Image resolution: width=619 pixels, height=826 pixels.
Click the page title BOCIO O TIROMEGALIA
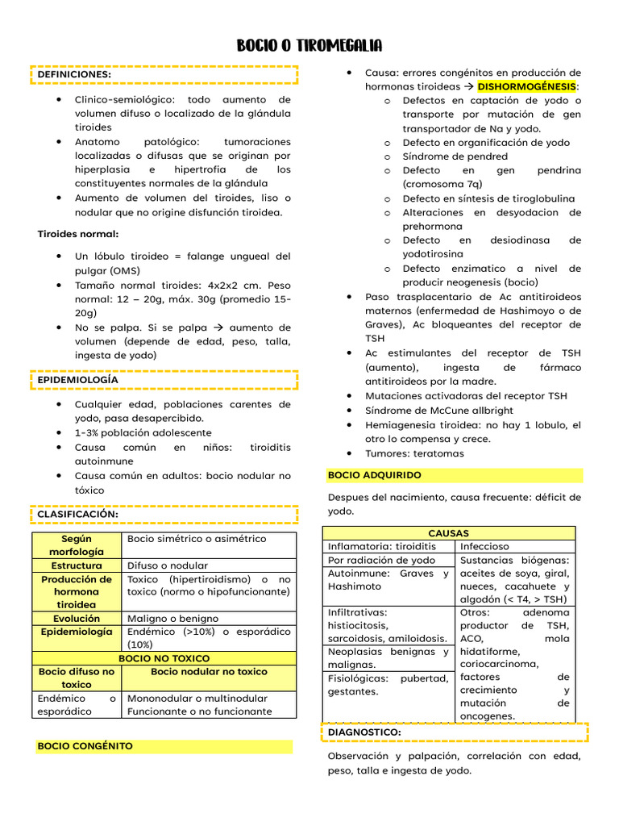point(309,45)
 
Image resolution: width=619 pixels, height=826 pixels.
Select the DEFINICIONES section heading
point(74,74)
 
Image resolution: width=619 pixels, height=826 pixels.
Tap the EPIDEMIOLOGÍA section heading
point(77,379)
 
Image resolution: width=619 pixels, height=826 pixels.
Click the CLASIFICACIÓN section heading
point(78,514)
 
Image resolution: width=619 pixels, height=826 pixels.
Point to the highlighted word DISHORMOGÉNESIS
point(527,86)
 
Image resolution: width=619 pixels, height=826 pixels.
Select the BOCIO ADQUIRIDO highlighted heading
point(375,475)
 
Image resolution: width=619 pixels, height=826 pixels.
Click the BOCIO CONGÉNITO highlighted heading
point(85,746)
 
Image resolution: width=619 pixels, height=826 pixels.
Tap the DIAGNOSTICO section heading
point(365,732)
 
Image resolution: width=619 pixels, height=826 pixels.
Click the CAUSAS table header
point(449,533)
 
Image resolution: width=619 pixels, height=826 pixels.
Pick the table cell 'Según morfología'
point(77,544)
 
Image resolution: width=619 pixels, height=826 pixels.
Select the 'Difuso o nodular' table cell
point(168,565)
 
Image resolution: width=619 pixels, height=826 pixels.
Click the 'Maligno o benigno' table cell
point(172,619)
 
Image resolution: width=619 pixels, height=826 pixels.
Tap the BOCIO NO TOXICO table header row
point(164,658)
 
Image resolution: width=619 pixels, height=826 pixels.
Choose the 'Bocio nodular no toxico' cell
point(209,671)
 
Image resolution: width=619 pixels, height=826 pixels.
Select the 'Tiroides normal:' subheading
point(78,234)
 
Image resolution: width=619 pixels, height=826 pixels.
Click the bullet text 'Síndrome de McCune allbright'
point(439,410)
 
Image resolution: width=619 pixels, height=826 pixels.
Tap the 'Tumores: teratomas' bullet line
point(414,453)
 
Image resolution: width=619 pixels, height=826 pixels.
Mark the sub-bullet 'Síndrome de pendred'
point(455,156)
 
